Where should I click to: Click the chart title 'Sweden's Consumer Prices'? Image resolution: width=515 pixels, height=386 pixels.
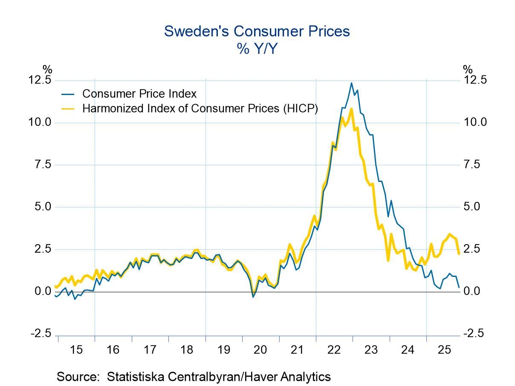(x=257, y=32)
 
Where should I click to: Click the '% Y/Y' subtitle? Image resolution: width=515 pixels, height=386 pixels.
(x=257, y=49)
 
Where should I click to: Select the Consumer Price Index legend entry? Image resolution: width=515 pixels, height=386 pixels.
(x=139, y=93)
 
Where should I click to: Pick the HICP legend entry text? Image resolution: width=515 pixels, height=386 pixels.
(x=200, y=108)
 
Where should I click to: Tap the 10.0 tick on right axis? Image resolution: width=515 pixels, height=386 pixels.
(x=475, y=123)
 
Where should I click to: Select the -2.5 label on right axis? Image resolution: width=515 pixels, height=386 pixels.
(x=473, y=334)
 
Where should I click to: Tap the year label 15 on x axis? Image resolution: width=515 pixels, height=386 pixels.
(x=76, y=350)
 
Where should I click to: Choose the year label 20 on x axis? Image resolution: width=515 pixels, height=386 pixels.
(x=260, y=350)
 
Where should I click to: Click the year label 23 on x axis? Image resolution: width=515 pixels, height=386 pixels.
(x=371, y=350)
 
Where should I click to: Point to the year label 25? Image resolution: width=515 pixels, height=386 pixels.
(x=444, y=350)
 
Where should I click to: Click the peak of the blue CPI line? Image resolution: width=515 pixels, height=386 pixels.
(x=351, y=83)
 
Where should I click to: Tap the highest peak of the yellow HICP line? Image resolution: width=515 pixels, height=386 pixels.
(x=351, y=109)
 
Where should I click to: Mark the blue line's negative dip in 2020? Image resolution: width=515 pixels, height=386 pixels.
(x=253, y=297)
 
